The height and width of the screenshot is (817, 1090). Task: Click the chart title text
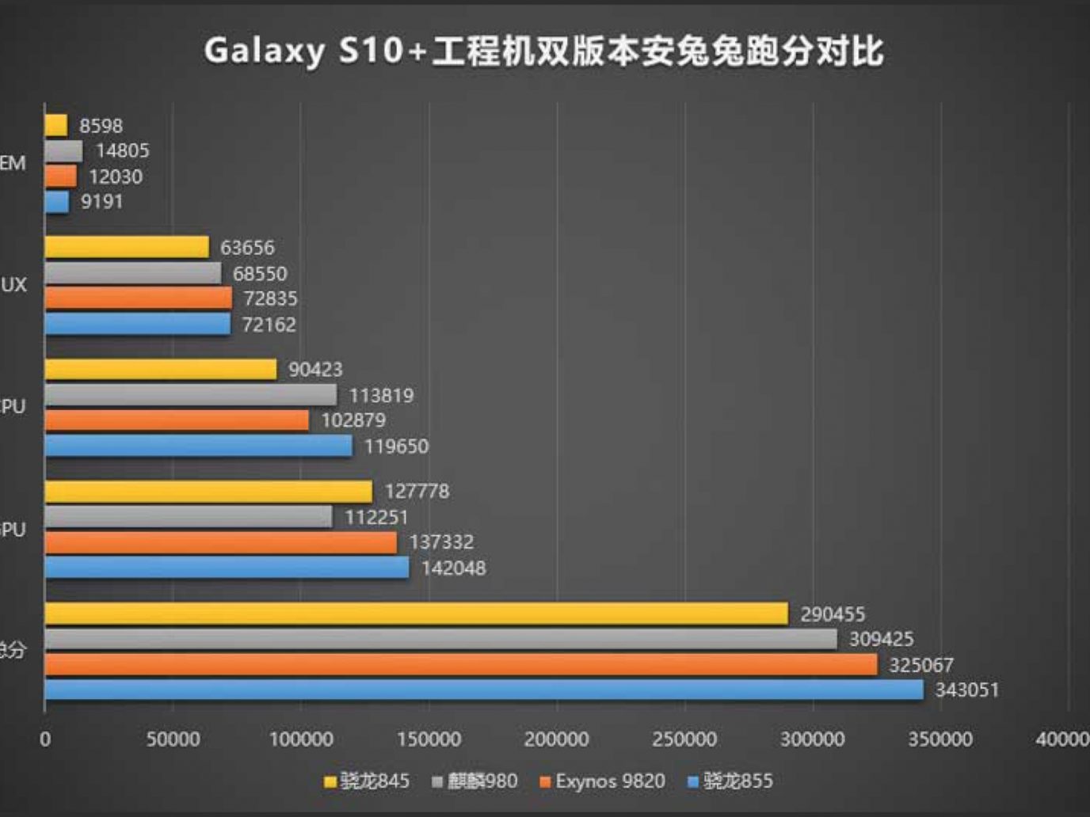[543, 51]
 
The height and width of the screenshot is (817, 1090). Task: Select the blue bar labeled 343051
[483, 690]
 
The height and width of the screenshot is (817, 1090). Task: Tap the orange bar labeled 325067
[461, 664]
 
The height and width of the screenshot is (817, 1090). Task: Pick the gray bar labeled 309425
[440, 639]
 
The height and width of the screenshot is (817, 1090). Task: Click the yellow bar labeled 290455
[416, 614]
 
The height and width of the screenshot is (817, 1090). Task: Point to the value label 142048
[453, 568]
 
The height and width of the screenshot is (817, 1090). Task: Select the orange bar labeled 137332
[220, 542]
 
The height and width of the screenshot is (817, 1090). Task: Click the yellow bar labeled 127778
[208, 492]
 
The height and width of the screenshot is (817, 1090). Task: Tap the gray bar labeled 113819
[190, 394]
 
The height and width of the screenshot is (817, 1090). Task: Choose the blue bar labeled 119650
[198, 446]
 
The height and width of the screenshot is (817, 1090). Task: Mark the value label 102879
[353, 420]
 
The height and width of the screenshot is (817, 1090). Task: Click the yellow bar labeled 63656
[127, 247]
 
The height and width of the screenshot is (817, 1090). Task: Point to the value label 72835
[270, 298]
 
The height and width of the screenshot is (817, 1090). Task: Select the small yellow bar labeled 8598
[56, 125]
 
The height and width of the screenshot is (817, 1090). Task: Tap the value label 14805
[122, 150]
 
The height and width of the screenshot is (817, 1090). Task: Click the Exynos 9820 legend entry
[602, 781]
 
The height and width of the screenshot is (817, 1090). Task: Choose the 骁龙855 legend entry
[730, 781]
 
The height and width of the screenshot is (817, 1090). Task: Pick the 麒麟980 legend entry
[474, 781]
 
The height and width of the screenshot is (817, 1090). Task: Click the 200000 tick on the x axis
[556, 739]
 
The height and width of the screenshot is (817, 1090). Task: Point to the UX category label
[13, 285]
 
